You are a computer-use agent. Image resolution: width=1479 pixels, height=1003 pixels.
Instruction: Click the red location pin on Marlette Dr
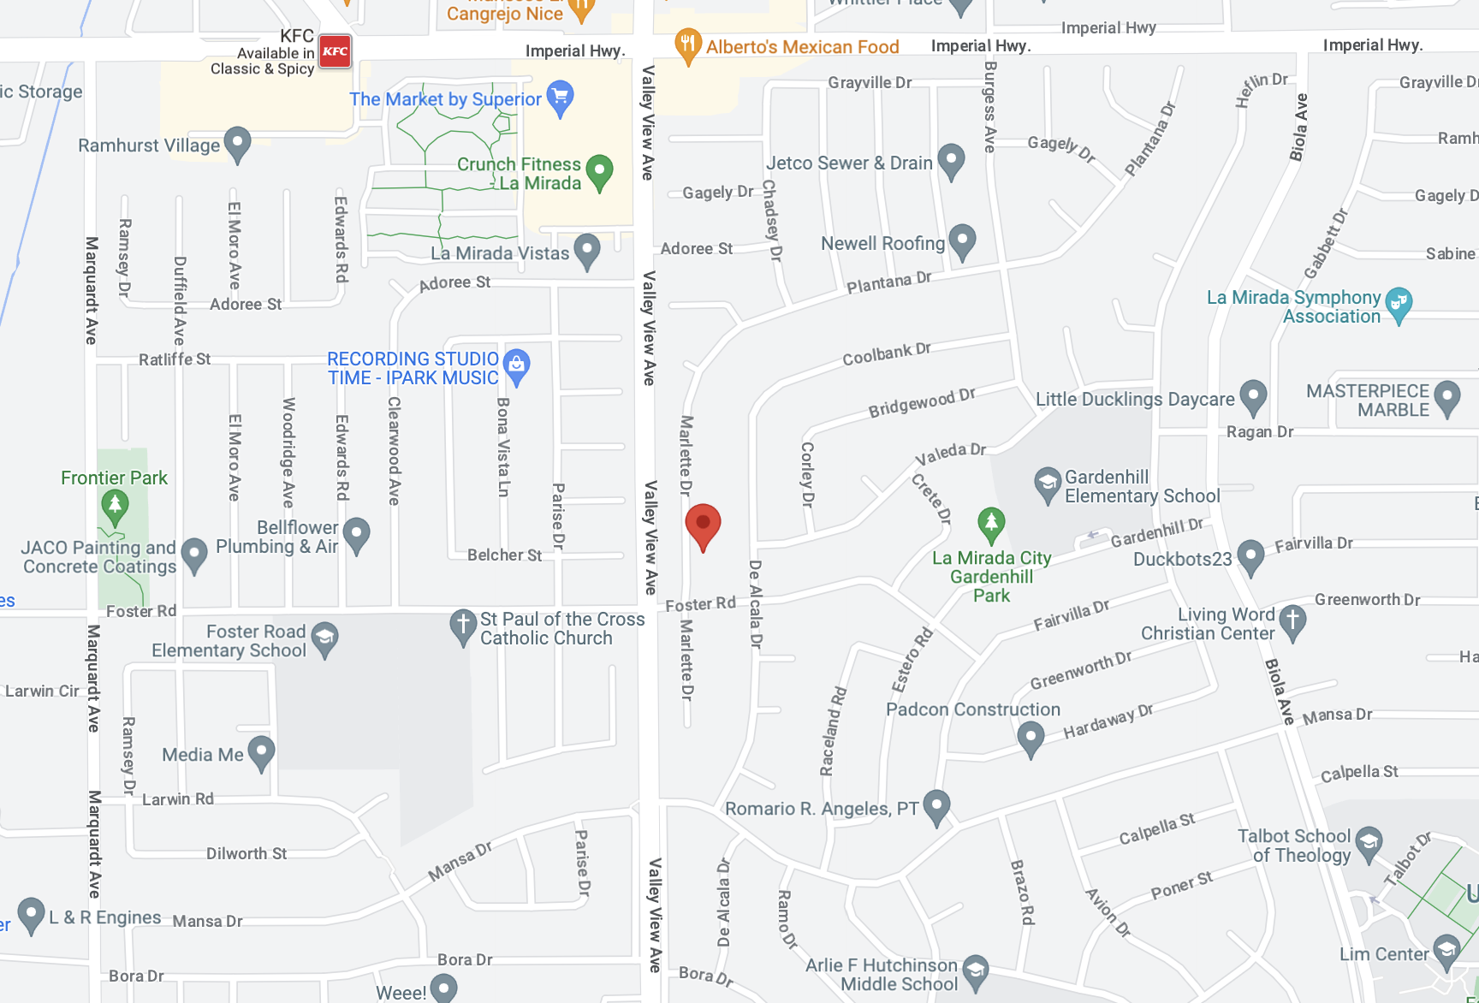(x=703, y=525)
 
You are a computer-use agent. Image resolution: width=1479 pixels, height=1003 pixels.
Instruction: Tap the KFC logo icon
(x=335, y=51)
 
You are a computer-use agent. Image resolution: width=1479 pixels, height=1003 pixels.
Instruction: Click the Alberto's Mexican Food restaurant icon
(x=688, y=45)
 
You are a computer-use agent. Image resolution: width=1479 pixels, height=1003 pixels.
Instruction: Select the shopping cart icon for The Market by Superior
(x=560, y=97)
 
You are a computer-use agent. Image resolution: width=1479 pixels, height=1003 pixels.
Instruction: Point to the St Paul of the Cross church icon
(x=463, y=626)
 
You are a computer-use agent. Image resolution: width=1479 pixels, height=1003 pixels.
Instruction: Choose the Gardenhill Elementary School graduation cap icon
(x=1048, y=484)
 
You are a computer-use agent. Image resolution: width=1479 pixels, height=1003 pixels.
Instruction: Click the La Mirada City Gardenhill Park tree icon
(x=991, y=524)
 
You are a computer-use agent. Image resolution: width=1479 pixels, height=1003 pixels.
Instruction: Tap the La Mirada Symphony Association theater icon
(x=1399, y=304)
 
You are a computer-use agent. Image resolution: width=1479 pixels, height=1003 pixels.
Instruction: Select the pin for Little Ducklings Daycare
(x=1253, y=396)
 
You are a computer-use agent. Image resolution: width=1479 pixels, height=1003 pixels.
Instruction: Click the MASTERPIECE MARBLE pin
(x=1447, y=397)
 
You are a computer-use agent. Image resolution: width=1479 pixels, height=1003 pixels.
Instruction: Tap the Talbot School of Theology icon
(x=1369, y=843)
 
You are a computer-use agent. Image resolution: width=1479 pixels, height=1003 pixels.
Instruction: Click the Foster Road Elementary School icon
(x=324, y=638)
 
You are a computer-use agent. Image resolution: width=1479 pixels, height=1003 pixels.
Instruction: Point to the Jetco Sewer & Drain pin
(x=951, y=160)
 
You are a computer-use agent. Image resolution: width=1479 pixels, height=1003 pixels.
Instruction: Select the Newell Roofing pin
(x=963, y=240)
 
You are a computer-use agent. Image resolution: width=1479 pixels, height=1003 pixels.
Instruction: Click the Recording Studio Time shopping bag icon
(x=516, y=365)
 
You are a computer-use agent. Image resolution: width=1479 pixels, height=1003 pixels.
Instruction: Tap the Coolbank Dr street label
(x=887, y=353)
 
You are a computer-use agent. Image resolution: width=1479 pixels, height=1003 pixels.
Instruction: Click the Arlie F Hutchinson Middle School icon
(x=976, y=970)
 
